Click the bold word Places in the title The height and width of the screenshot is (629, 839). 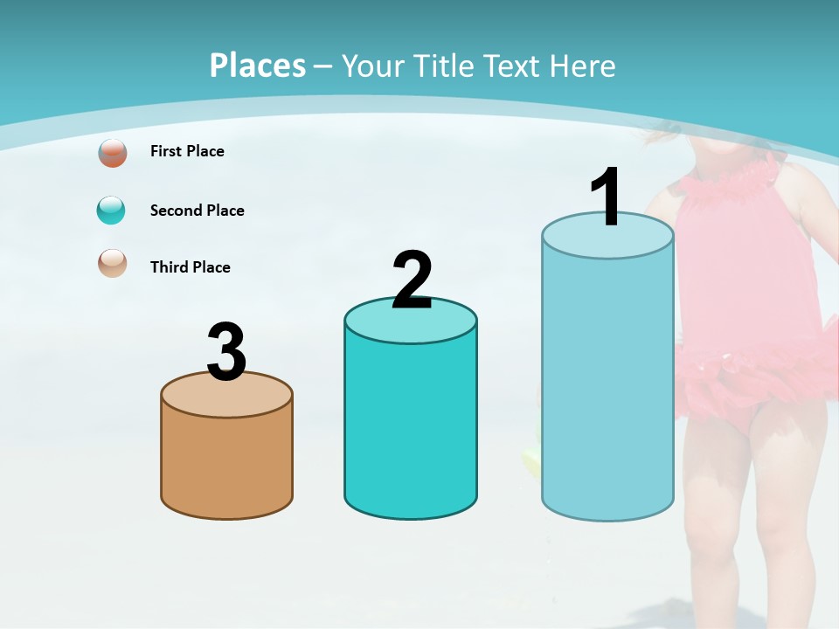(258, 66)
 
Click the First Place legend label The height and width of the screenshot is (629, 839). (187, 151)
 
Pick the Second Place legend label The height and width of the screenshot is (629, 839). (197, 211)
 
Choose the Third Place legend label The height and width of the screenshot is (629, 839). (190, 267)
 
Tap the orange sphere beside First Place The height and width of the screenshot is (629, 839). (112, 153)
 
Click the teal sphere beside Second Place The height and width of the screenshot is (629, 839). (111, 211)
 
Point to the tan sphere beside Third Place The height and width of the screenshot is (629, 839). (112, 263)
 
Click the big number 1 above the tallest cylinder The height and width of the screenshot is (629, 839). (607, 197)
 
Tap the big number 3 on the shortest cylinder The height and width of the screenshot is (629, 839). (226, 352)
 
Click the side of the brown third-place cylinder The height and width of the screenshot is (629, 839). (226, 463)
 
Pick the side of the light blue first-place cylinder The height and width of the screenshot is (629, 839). (607, 384)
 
